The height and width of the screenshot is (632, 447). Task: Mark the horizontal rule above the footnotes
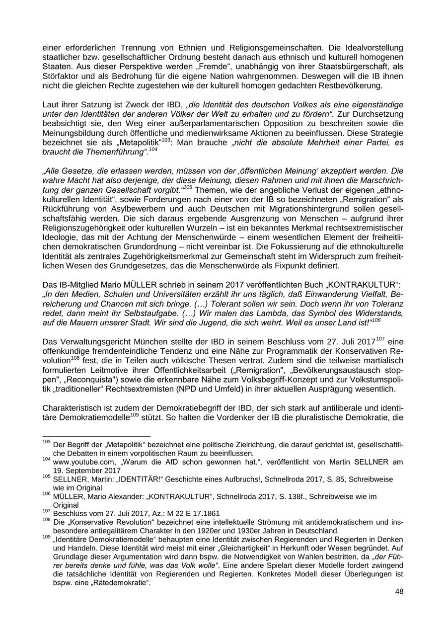[89, 436]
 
